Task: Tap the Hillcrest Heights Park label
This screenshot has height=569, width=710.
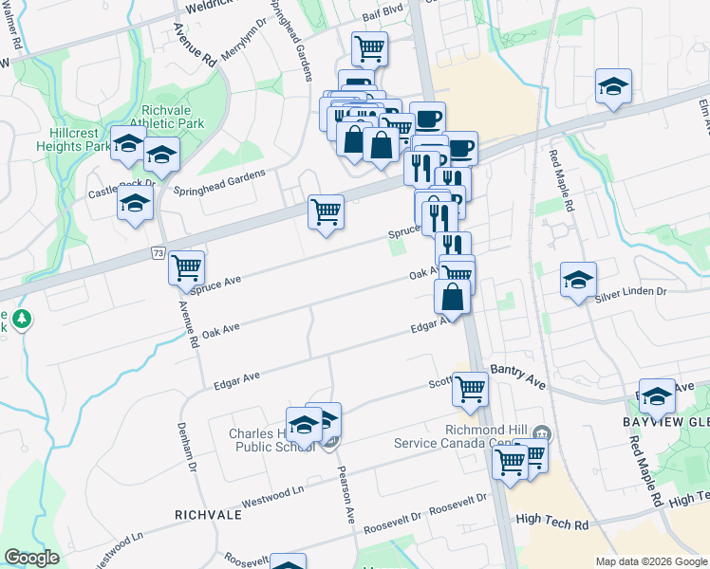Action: pos(72,139)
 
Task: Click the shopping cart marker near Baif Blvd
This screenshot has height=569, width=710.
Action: pos(369,47)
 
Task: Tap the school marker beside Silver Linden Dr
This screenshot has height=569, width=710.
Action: pos(578,280)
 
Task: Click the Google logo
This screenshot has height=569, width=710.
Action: pos(31,558)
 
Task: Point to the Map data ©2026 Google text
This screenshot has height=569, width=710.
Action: pos(649,561)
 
